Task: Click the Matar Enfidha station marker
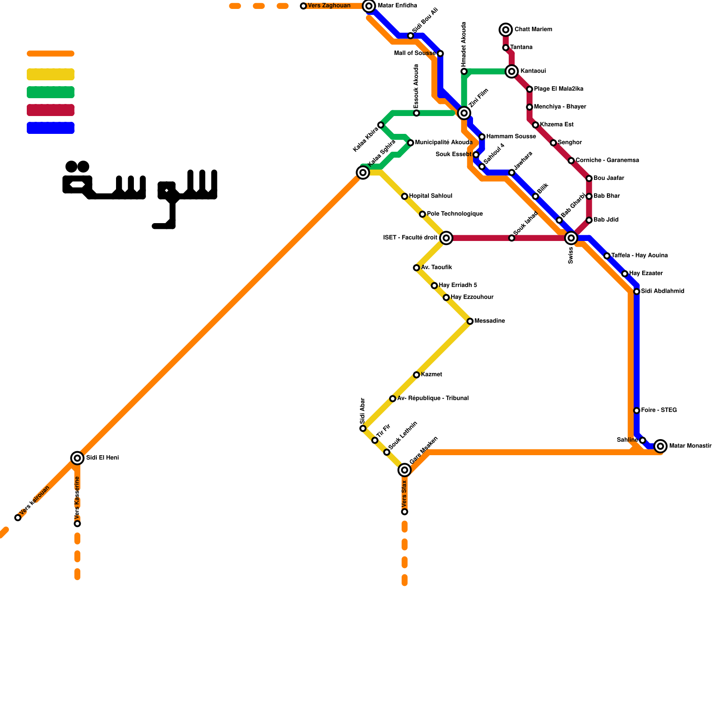point(369,6)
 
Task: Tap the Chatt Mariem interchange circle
point(506,30)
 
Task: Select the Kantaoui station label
point(533,71)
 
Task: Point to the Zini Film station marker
point(464,113)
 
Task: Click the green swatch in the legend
point(50,92)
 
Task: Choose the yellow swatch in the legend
point(50,75)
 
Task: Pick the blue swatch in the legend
point(50,128)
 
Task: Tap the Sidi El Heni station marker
point(77,458)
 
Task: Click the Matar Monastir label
point(690,446)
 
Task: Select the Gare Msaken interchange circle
point(405,470)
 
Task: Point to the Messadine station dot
point(470,321)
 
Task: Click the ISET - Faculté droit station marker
point(446,238)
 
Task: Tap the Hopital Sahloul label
point(430,196)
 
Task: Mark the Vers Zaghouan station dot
point(303,6)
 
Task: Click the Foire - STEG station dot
point(637,411)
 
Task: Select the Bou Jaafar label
point(609,178)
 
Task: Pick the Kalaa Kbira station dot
point(381,125)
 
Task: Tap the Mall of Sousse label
point(415,54)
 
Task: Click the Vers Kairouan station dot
point(18,518)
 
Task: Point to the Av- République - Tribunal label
point(432,399)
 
